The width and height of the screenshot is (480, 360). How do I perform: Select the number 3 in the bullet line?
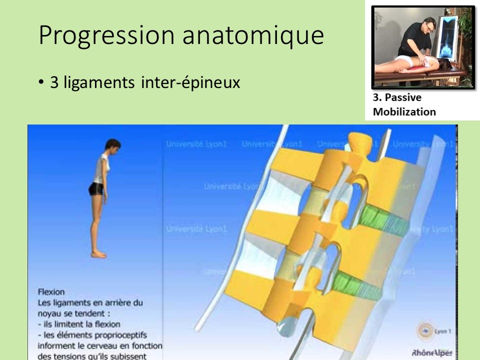[x=54, y=82]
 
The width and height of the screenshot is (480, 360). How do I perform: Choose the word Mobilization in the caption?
[x=404, y=111]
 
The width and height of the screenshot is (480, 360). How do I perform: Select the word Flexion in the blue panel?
[x=51, y=291]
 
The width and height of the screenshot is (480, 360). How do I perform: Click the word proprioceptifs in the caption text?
[x=126, y=335]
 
